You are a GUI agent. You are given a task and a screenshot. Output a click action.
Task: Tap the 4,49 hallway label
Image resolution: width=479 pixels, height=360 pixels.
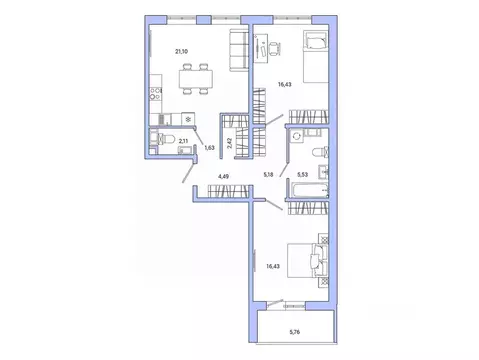223,179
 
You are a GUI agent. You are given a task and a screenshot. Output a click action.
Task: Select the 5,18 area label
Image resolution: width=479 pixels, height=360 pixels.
269,175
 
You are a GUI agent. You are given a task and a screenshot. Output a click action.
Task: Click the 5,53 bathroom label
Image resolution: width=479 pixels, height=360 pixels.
301,175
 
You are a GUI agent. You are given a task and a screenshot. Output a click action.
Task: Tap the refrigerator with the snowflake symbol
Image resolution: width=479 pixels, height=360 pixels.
186,114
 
